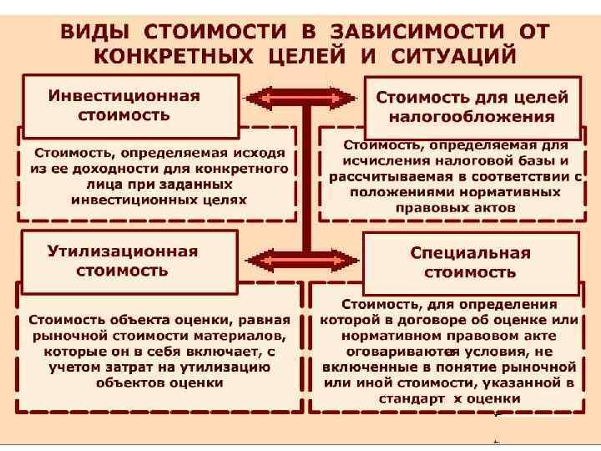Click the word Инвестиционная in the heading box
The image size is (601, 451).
(x=124, y=94)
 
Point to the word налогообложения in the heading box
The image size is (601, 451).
(x=471, y=116)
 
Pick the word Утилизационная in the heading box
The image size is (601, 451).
(x=122, y=251)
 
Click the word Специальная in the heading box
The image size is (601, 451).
(x=470, y=252)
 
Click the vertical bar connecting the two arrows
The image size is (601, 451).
(x=306, y=180)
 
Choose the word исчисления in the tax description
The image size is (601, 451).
(x=382, y=161)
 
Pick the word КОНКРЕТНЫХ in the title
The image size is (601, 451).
(x=161, y=57)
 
